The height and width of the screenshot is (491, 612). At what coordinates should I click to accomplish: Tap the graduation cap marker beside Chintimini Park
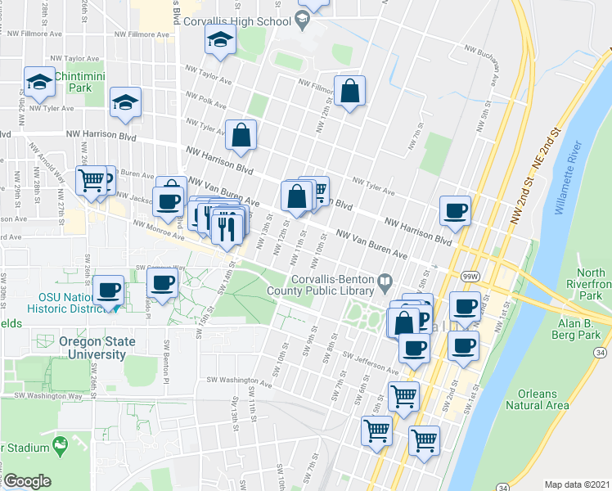[x=37, y=81]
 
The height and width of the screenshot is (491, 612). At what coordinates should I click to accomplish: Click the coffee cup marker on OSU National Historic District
[x=108, y=291]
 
